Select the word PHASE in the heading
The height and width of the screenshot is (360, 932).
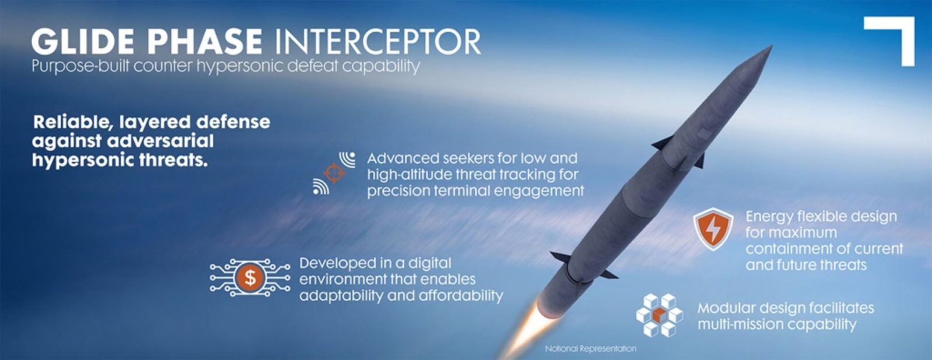point(204,41)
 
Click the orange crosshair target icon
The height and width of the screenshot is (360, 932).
point(334,173)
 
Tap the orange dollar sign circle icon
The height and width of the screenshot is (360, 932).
point(250,278)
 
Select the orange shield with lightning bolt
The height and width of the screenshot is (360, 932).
point(713,230)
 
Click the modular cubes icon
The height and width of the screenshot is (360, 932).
point(659,315)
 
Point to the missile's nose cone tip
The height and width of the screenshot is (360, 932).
point(772,46)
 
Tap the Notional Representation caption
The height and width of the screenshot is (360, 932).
point(591,348)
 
